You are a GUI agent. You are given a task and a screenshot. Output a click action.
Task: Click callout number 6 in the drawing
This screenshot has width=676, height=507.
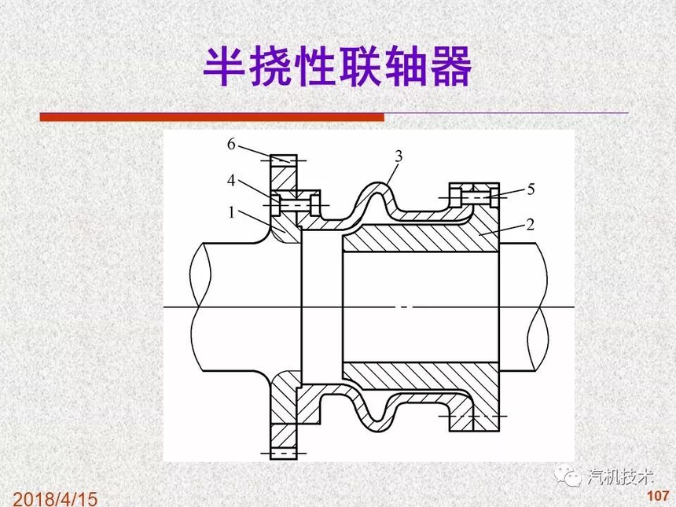[x=232, y=145]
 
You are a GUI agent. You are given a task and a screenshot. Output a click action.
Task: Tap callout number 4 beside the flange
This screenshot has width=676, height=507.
[x=232, y=181]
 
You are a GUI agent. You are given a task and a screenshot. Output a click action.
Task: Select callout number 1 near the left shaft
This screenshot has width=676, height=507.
[x=232, y=212]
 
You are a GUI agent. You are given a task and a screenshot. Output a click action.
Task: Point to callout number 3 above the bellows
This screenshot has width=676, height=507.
[x=399, y=156]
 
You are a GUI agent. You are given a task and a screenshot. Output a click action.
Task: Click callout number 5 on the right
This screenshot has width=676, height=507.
[x=531, y=189]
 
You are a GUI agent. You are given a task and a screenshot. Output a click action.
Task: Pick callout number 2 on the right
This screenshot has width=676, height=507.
[x=531, y=224]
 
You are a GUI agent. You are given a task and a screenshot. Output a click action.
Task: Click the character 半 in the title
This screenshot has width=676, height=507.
[x=224, y=67]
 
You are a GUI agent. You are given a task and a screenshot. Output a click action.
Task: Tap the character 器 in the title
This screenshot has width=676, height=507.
[x=450, y=67]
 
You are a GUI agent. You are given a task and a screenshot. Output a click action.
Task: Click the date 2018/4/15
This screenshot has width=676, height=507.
[x=55, y=499]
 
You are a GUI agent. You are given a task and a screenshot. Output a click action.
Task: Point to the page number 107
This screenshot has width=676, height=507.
[x=658, y=495]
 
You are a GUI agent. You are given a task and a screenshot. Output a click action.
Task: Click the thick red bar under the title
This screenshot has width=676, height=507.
[x=211, y=117]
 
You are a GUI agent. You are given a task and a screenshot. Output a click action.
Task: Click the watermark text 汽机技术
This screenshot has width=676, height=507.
[x=620, y=477]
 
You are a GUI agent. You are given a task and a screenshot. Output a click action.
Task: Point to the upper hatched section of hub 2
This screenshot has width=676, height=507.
[x=421, y=238]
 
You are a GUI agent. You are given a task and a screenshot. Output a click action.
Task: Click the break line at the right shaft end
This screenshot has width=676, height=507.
[x=538, y=307]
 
